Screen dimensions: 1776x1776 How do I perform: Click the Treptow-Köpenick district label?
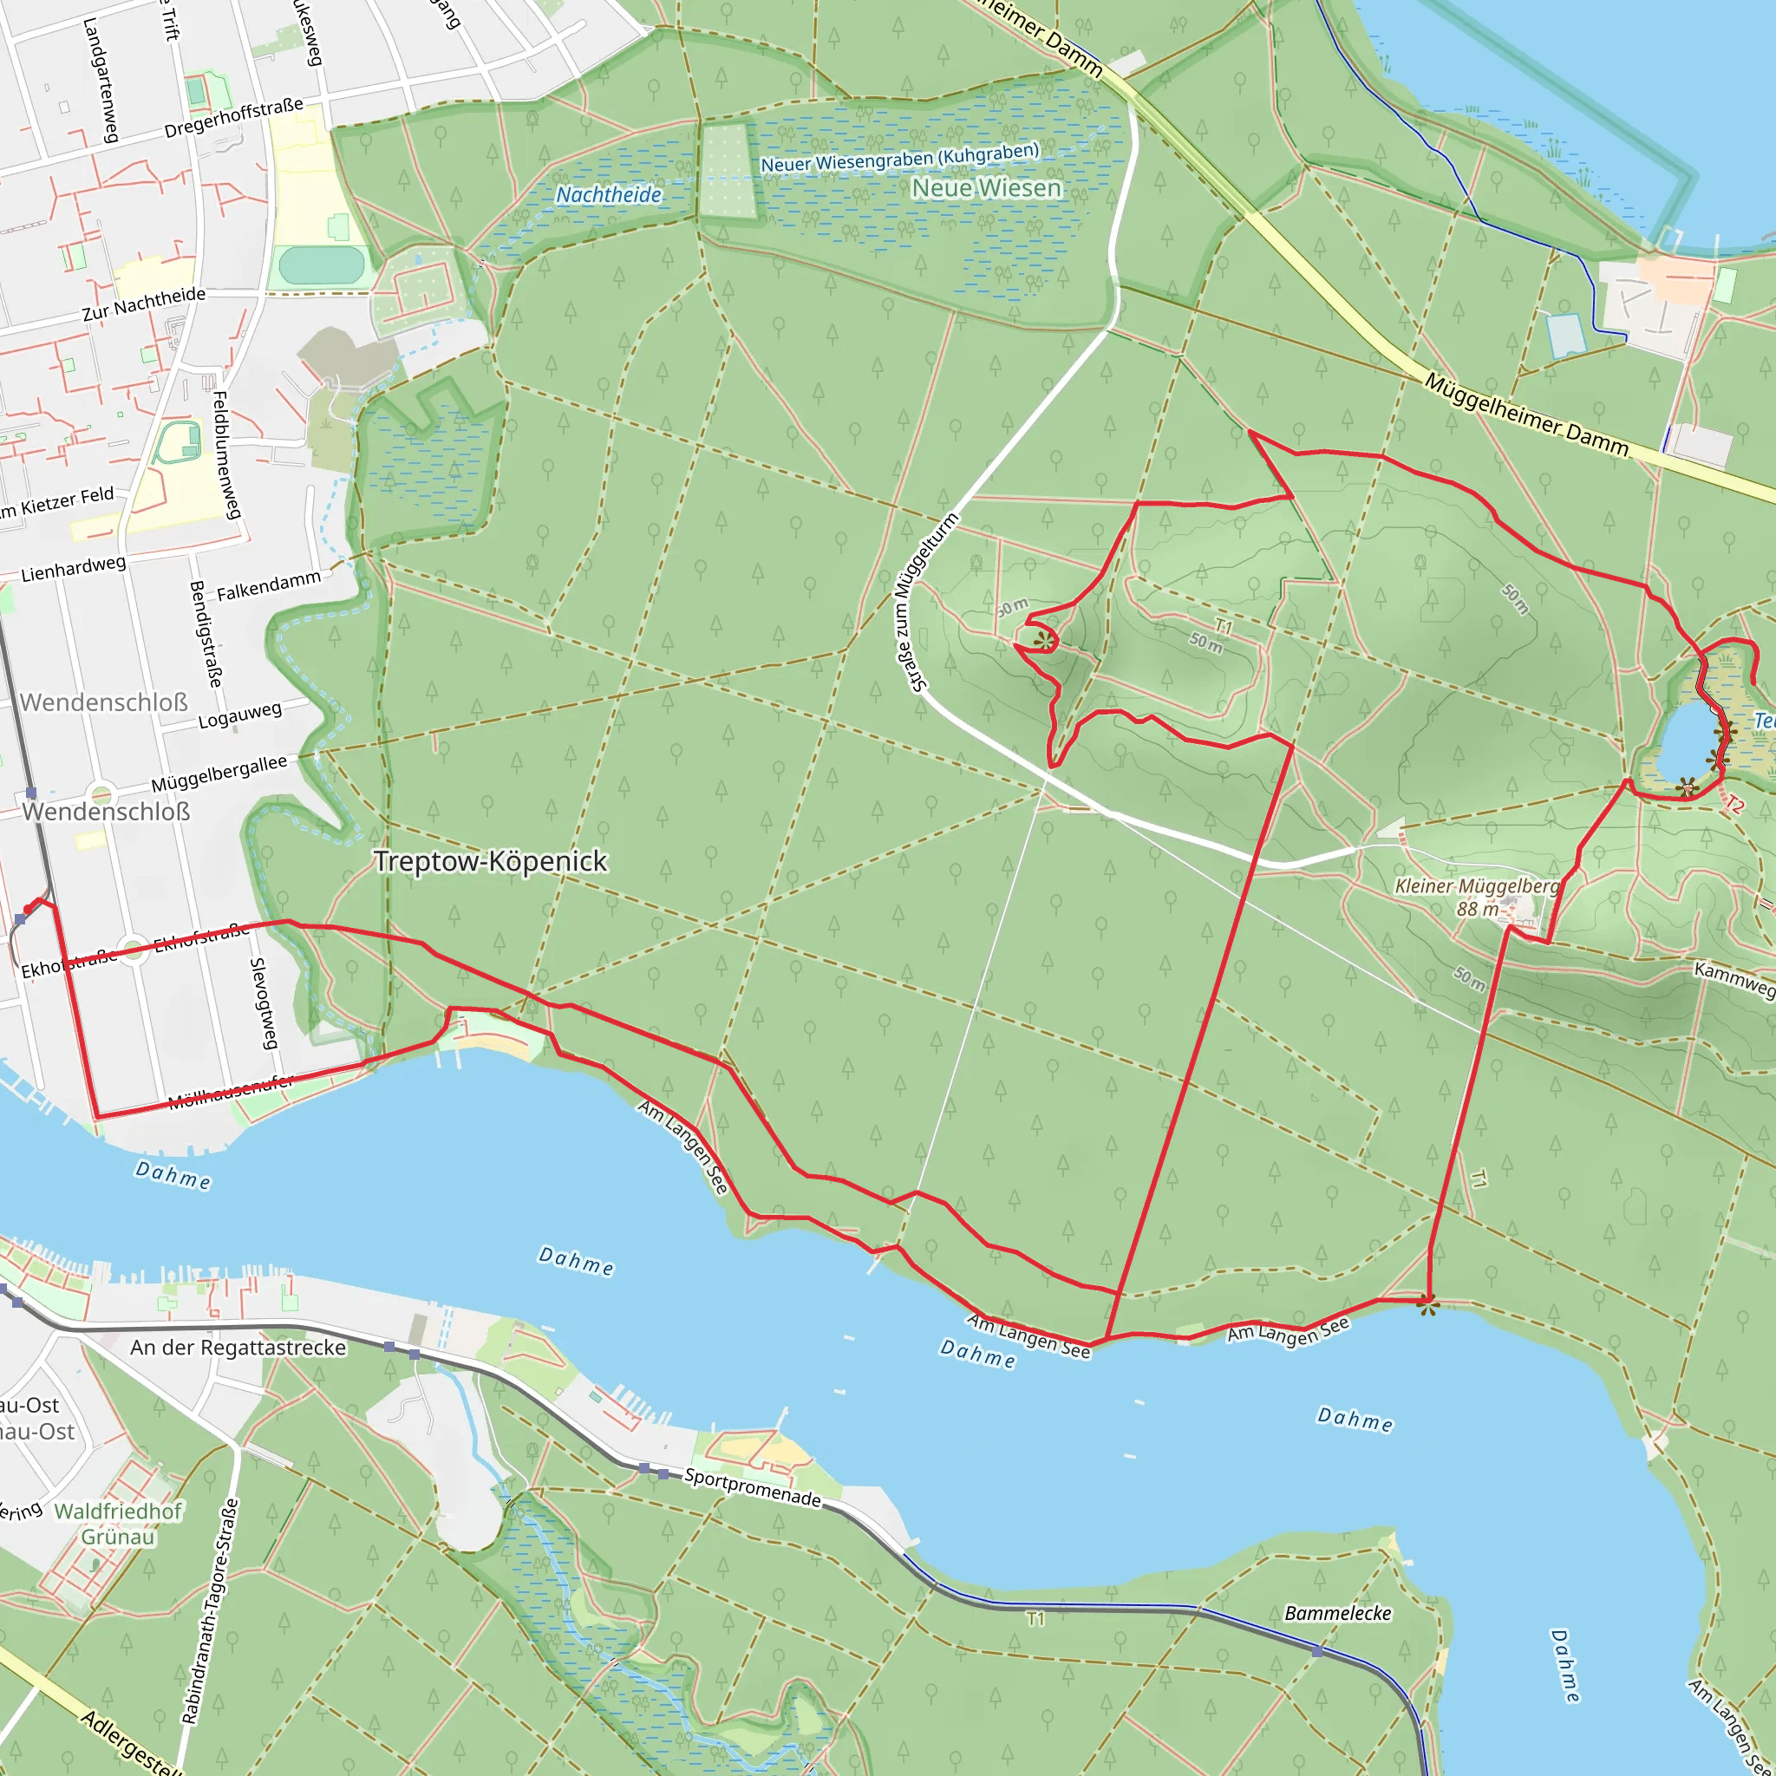[490, 861]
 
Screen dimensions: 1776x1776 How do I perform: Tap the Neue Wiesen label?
[985, 188]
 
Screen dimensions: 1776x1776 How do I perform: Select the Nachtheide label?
[609, 195]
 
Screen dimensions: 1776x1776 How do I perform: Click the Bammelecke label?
[1337, 1613]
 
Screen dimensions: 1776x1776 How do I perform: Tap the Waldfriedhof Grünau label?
[118, 1525]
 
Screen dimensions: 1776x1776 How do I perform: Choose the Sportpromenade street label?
[752, 1487]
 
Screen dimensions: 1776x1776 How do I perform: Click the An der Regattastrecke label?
[238, 1348]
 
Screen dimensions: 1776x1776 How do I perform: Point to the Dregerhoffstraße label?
[233, 119]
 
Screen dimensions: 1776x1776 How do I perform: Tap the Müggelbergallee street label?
[219, 773]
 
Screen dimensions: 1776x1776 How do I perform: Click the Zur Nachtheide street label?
[144, 304]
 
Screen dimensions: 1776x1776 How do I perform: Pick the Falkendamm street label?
[269, 585]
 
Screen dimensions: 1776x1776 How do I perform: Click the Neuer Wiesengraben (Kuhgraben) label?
[899, 157]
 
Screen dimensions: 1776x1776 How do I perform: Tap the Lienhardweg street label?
[74, 568]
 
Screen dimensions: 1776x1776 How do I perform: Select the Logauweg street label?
[240, 715]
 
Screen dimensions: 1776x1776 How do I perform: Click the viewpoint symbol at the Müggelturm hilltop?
[1044, 641]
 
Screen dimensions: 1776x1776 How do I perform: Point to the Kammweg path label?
[1733, 978]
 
